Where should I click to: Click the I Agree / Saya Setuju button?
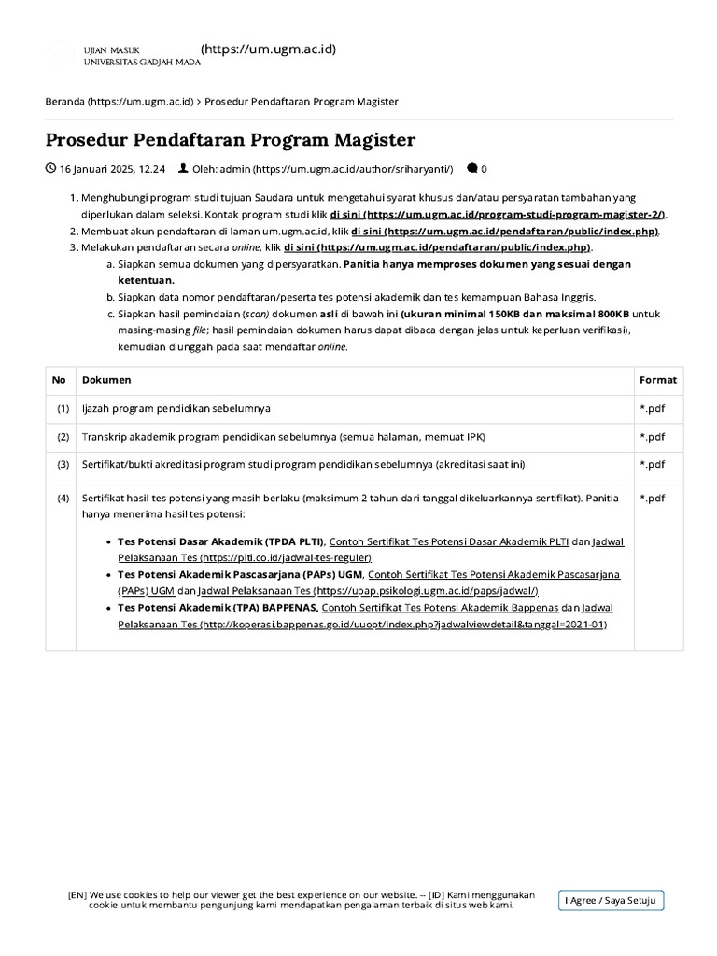point(612,901)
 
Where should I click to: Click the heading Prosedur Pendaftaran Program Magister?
point(231,140)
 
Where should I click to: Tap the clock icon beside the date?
point(50,169)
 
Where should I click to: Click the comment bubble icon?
point(471,169)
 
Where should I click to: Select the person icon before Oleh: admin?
point(182,169)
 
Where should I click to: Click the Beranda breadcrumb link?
point(119,101)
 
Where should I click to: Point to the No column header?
point(59,380)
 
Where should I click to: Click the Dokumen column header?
point(106,380)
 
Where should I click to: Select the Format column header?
point(658,380)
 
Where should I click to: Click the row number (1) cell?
point(63,408)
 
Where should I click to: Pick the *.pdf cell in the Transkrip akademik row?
point(652,436)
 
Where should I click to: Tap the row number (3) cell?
point(63,464)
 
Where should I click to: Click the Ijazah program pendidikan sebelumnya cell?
point(176,408)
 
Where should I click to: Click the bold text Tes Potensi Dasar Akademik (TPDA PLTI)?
point(220,541)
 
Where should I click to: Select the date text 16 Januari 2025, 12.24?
point(112,169)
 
